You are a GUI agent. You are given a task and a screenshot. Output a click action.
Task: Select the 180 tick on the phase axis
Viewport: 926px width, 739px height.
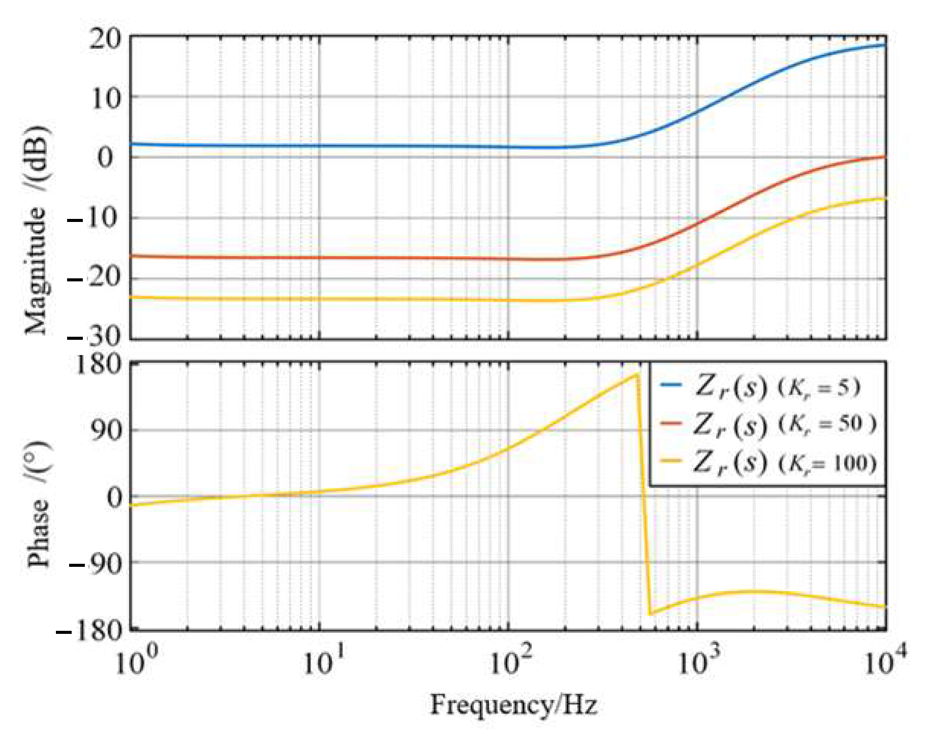(x=99, y=365)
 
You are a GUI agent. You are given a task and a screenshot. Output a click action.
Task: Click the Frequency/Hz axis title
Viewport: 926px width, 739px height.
(x=513, y=705)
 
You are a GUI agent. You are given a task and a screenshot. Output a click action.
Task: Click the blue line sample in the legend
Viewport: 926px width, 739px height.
(x=670, y=385)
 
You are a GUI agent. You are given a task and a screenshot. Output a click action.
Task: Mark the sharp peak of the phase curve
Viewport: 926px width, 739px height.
(x=637, y=375)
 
